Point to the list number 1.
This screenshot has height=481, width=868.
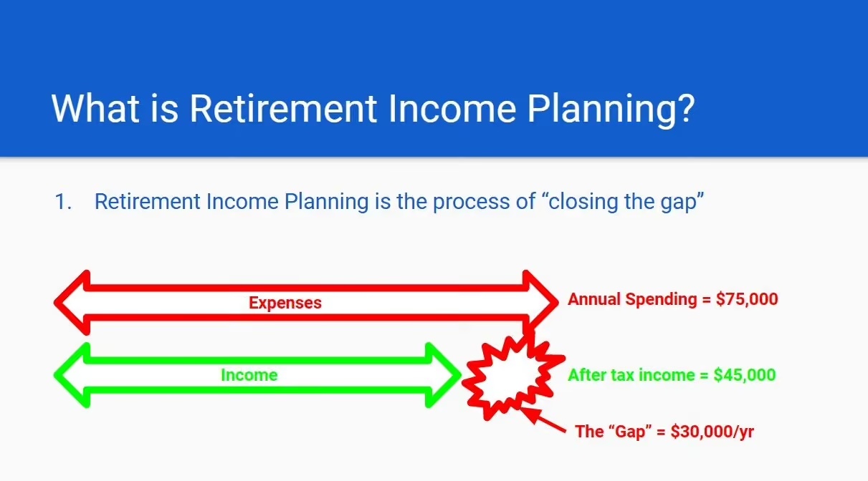tap(63, 202)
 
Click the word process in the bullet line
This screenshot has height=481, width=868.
tap(471, 203)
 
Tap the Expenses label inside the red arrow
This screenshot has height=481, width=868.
tap(285, 303)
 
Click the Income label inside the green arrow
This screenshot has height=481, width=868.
tap(249, 375)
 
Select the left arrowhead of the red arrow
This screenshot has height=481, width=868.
tap(72, 303)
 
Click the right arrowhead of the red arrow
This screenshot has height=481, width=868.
tap(540, 303)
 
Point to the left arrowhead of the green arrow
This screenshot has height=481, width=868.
tap(72, 375)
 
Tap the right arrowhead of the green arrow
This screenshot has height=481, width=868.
tap(443, 375)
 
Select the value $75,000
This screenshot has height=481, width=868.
tap(747, 299)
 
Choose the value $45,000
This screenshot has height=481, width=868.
tap(745, 375)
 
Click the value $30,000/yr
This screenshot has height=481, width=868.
tap(712, 432)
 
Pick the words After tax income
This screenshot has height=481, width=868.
tap(631, 375)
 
